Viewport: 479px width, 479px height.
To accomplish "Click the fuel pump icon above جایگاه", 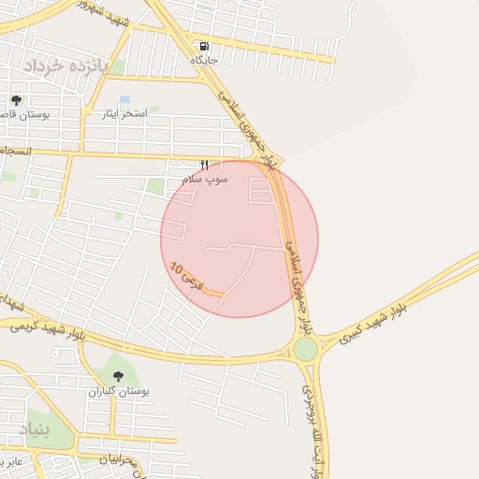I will pos(204,46).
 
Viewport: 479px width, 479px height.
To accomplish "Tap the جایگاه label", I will pos(204,60).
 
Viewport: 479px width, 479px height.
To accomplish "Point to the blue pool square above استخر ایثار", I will pos(125,99).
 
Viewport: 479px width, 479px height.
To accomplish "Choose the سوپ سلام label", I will pos(205,177).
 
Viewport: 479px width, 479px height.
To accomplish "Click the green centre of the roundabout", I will pos(305,349).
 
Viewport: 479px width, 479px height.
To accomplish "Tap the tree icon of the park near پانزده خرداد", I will pos(16,99).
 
